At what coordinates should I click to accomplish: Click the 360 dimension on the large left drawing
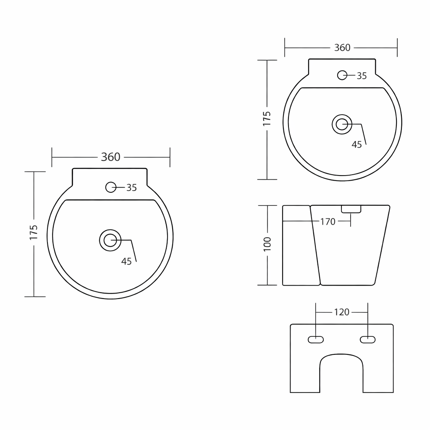(x=110, y=157)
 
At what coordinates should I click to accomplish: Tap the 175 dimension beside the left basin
(x=34, y=232)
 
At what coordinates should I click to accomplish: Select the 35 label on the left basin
(x=131, y=188)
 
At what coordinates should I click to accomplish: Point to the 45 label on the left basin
(x=126, y=261)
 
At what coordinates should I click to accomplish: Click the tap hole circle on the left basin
(x=111, y=187)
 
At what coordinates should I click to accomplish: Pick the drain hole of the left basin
(x=110, y=240)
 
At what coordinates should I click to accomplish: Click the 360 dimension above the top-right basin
(x=342, y=48)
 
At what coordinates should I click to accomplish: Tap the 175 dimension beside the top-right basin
(x=267, y=118)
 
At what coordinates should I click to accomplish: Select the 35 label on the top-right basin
(x=362, y=76)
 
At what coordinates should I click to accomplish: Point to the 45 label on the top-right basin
(x=357, y=144)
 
